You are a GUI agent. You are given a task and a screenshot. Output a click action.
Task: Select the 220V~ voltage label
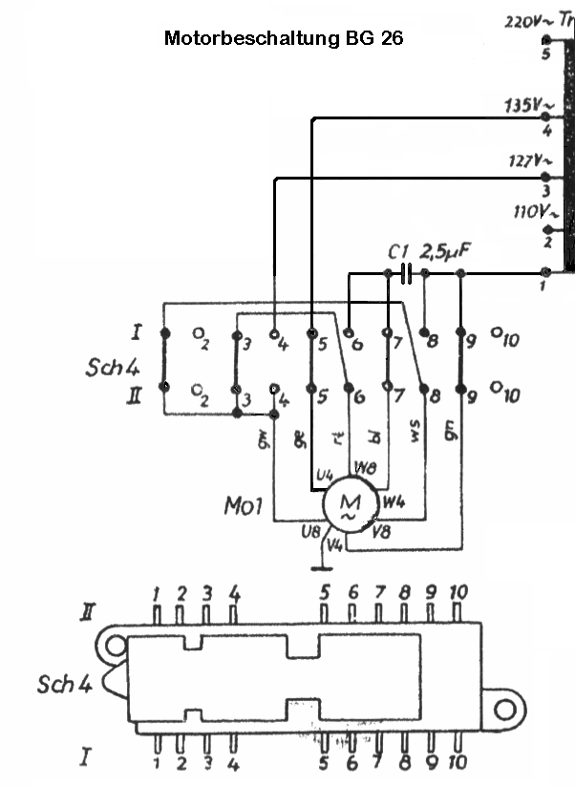click(524, 20)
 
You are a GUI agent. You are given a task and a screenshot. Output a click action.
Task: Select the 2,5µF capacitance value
click(450, 250)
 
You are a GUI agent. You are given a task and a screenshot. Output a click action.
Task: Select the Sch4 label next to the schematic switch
click(107, 368)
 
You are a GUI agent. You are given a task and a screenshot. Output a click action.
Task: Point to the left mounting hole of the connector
click(115, 647)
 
